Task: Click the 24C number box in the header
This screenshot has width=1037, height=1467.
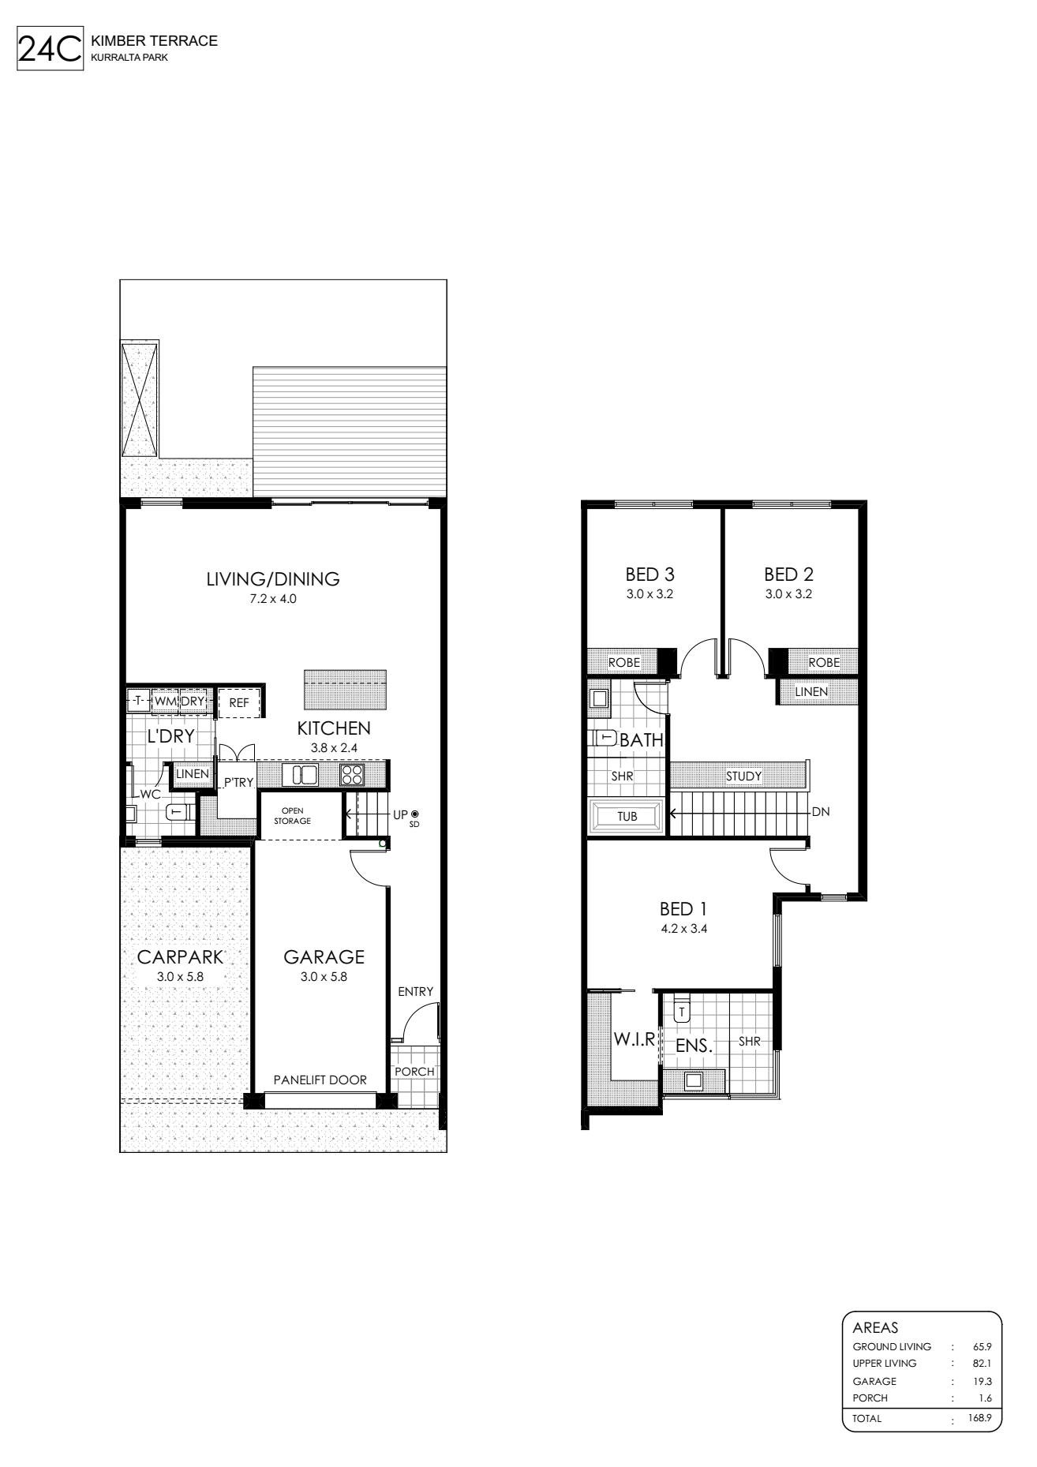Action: coord(50,50)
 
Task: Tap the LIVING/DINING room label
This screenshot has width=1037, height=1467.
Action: coord(273,579)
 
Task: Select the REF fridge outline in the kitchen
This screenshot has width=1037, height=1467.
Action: coord(239,702)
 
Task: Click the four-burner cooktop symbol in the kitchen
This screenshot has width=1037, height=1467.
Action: coord(351,775)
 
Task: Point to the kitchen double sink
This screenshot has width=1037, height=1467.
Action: coord(305,775)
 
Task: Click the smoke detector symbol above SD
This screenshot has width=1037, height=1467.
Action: coord(414,814)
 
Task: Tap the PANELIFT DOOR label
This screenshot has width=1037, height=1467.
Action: coord(320,1080)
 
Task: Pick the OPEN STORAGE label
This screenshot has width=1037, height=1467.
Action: coord(292,816)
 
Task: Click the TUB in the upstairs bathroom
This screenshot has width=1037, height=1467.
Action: coord(627,816)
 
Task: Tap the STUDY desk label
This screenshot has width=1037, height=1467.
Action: coord(744,777)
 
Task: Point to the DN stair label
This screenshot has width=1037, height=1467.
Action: coord(821,811)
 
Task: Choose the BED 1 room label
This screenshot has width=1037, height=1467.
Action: coord(683,909)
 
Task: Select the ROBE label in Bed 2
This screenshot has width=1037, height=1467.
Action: coord(824,663)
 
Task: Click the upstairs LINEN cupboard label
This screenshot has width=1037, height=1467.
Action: coord(812,692)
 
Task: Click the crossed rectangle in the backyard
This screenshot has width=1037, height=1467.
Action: coord(140,399)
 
